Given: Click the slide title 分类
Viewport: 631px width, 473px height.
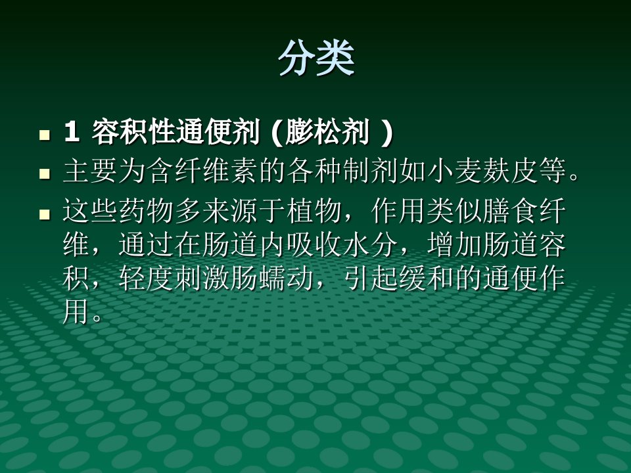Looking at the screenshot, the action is coord(316,58).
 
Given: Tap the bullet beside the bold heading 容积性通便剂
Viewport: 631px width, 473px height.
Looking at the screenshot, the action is coord(44,135).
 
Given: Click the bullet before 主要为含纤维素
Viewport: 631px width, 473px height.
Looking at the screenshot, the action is coord(44,173).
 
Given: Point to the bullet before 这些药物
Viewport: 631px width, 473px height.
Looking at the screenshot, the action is coord(44,214).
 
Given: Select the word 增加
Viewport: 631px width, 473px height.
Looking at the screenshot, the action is coord(455,244).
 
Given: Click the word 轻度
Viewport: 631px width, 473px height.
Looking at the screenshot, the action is coord(146,279).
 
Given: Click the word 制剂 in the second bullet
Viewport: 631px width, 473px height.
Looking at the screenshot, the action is coord(370,171).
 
